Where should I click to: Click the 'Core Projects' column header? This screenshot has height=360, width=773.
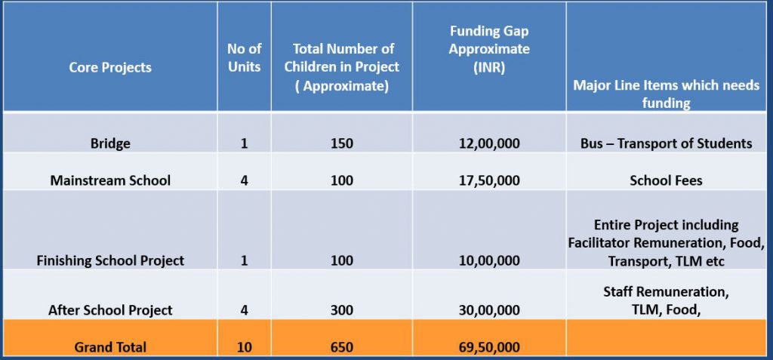(110, 67)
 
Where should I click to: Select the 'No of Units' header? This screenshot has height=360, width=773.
(244, 57)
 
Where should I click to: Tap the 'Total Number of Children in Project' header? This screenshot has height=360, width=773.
(341, 67)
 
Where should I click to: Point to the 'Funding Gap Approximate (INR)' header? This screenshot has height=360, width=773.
(489, 49)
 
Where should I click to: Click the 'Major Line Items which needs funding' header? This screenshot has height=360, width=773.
(667, 94)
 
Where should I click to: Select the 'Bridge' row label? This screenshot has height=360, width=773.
(110, 143)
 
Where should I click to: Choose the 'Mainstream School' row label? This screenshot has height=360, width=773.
(110, 180)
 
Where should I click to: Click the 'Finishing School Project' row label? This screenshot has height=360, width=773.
(110, 260)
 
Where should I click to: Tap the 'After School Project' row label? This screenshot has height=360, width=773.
(110, 309)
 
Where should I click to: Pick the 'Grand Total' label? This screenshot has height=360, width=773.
(110, 347)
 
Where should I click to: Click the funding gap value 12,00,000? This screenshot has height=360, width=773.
(489, 143)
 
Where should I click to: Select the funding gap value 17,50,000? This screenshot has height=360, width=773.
(489, 180)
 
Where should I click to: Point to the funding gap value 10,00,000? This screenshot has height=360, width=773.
(489, 260)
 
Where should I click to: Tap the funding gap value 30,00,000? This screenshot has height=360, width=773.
(489, 309)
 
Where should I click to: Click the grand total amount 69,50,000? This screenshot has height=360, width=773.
(489, 347)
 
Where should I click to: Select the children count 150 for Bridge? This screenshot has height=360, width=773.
(341, 143)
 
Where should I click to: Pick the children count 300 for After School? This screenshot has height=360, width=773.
(341, 309)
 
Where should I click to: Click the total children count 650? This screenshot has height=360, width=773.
(341, 347)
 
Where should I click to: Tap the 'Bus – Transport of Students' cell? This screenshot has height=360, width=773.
(667, 143)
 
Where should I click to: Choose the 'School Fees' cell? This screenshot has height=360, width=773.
(667, 180)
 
